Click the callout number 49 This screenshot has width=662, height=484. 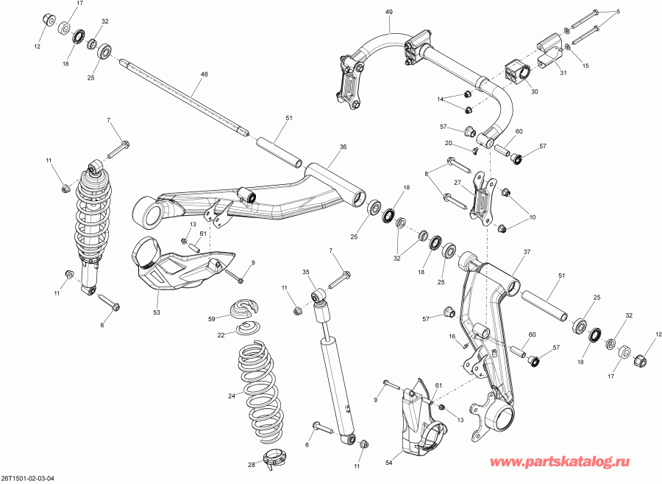click(x=389, y=13)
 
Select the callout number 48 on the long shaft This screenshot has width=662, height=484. click(x=204, y=74)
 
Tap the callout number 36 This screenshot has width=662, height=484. click(x=342, y=147)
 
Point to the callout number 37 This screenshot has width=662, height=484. click(x=526, y=252)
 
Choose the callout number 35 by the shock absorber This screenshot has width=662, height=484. click(x=307, y=272)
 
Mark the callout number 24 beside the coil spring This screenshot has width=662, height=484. click(x=231, y=396)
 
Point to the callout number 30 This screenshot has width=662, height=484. click(x=534, y=92)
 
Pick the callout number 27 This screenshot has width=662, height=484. click(x=457, y=183)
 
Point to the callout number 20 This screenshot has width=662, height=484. click(x=447, y=143)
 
